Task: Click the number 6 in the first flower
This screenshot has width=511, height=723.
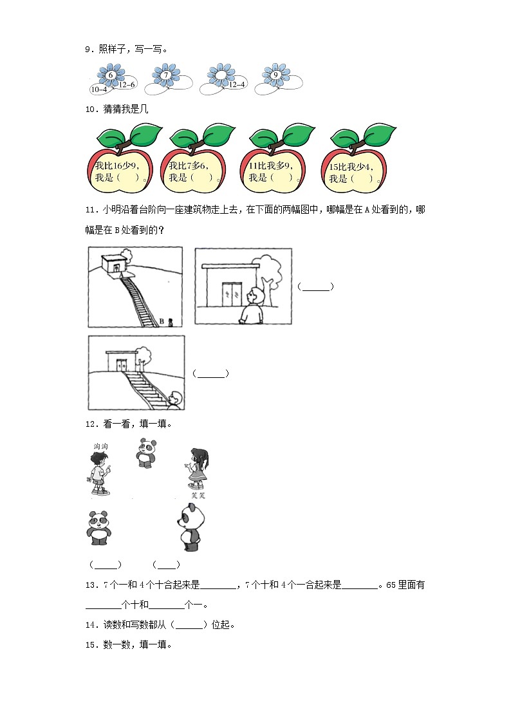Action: click(x=111, y=75)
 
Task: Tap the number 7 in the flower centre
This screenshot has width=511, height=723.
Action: click(x=166, y=75)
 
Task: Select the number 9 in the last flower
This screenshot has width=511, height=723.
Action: click(x=275, y=75)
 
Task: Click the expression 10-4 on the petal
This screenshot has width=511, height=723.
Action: click(x=99, y=89)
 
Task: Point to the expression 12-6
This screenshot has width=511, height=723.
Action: click(x=127, y=84)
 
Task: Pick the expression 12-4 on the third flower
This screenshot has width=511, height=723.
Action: click(x=237, y=84)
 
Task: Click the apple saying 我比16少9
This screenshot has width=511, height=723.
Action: click(x=120, y=158)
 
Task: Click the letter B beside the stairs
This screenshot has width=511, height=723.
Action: click(x=162, y=321)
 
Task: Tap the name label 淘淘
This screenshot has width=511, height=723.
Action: click(x=101, y=446)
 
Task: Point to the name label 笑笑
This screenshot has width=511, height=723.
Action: click(x=198, y=495)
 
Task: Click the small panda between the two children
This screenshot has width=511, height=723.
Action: click(x=147, y=453)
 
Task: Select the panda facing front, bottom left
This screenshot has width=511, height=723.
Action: click(x=98, y=528)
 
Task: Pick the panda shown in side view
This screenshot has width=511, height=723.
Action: click(x=190, y=527)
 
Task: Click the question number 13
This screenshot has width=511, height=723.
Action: click(x=91, y=585)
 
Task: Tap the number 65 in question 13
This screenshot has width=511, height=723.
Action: click(x=391, y=585)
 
